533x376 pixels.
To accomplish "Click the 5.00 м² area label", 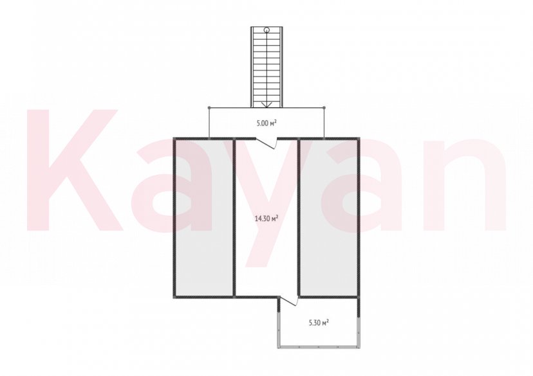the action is click(x=266, y=123).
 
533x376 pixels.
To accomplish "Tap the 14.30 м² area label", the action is click(x=266, y=218).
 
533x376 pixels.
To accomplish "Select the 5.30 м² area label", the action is click(x=319, y=323).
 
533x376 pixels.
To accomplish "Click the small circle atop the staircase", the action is click(x=267, y=30).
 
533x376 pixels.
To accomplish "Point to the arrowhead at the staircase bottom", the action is click(x=267, y=105).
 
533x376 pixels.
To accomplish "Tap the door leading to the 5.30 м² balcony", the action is click(x=289, y=301).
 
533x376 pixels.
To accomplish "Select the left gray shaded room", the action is click(x=204, y=218).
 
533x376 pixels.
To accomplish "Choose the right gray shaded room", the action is click(x=328, y=218).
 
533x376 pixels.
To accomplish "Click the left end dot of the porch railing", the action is click(x=209, y=108).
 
